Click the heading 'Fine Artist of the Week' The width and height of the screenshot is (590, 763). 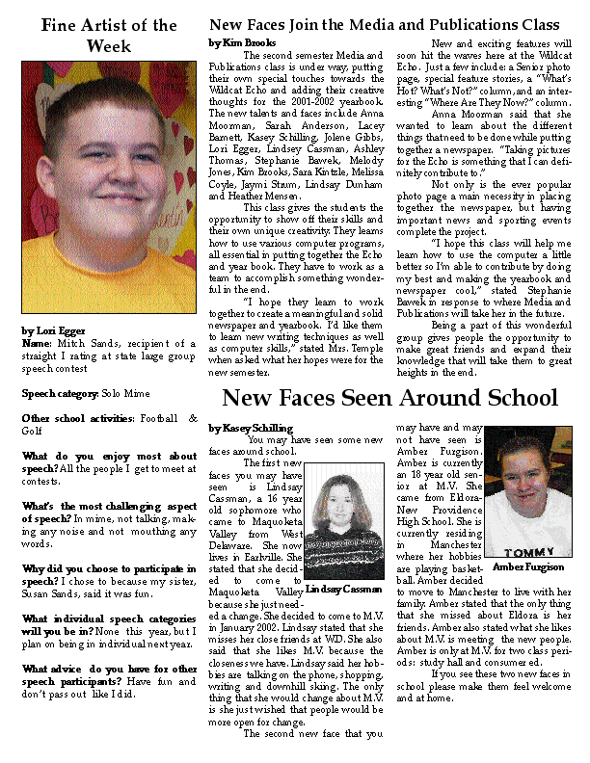(x=109, y=35)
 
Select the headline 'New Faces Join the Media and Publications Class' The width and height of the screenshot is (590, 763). (x=385, y=24)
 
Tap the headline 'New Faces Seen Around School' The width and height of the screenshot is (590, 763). (x=389, y=397)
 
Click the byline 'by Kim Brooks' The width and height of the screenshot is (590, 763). (x=243, y=43)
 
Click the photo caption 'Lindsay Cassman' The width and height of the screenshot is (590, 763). (x=344, y=588)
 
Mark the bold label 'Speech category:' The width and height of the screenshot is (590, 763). (x=61, y=394)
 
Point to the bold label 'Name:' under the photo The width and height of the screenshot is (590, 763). (x=36, y=343)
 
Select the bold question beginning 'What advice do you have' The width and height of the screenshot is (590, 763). (x=109, y=642)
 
